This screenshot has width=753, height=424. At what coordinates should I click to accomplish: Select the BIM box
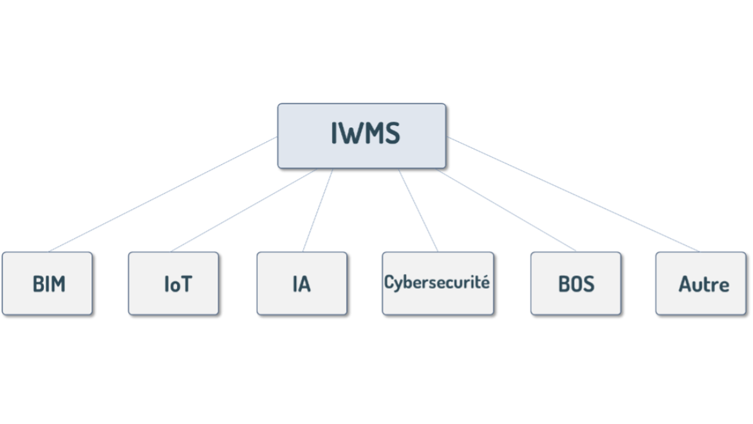(x=47, y=300)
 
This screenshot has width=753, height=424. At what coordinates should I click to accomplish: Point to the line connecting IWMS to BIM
(x=163, y=194)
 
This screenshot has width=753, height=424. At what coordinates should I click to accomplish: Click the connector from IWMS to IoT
(x=245, y=210)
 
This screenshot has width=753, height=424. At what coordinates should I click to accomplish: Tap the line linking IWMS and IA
(x=318, y=210)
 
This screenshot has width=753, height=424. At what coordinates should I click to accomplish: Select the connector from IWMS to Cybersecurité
(x=418, y=210)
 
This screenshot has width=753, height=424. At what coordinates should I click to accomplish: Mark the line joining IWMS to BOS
(x=506, y=210)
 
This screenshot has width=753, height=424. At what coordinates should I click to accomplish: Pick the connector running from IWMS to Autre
(x=573, y=194)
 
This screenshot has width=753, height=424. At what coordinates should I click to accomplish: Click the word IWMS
(x=365, y=134)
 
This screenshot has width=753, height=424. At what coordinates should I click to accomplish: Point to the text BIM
(x=49, y=284)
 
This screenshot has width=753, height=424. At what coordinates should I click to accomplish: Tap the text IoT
(x=178, y=284)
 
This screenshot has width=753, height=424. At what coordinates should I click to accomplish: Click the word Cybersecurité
(x=437, y=282)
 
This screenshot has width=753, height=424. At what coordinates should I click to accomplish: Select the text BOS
(x=576, y=284)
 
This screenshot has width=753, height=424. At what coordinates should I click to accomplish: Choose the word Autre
(x=703, y=284)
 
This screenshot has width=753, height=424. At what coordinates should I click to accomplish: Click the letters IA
(x=301, y=284)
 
